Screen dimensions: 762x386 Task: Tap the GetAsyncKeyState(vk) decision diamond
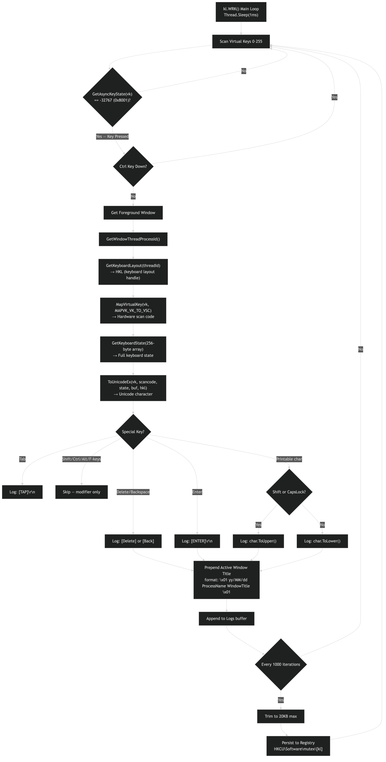click(112, 97)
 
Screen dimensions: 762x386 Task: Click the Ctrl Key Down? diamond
click(133, 166)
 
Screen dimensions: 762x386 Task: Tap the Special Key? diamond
click(133, 432)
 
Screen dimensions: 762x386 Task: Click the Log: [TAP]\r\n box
click(22, 492)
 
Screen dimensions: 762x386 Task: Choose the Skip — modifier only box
click(81, 492)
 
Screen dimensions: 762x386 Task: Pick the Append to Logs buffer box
click(227, 619)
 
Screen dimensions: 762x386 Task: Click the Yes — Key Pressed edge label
click(112, 136)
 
